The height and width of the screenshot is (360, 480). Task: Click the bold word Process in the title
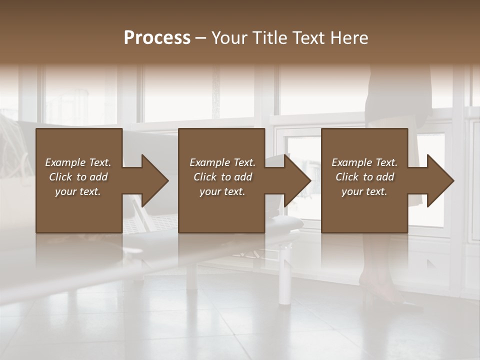point(157,38)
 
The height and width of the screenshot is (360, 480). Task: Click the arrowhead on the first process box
point(153,180)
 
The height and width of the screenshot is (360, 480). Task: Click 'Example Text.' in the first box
point(78,162)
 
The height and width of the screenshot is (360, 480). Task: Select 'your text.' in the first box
point(78,191)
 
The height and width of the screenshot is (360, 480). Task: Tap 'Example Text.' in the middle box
point(222,162)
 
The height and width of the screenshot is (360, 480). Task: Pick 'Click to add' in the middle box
point(222,177)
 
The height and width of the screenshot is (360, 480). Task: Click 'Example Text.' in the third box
point(364,162)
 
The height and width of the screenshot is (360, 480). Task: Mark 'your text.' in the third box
point(364,191)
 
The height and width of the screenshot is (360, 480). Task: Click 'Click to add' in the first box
point(78,177)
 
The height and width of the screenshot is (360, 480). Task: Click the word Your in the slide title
point(228,38)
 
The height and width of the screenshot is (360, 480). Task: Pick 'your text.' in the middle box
point(222,191)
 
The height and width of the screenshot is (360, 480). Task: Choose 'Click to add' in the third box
point(364,177)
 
